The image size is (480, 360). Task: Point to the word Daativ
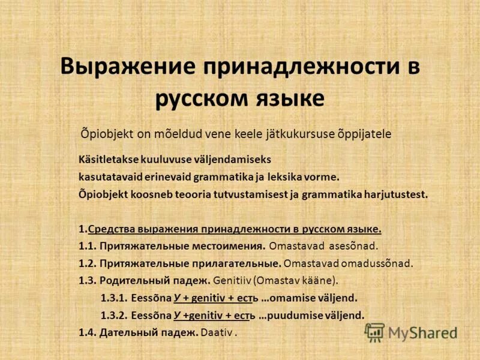click(217, 332)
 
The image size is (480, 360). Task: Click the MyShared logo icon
click(374, 332)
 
